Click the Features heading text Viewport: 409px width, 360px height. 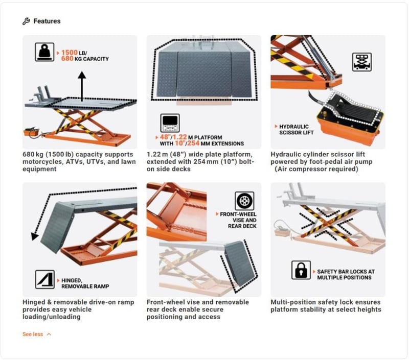point(47,21)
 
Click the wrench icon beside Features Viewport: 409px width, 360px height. point(27,21)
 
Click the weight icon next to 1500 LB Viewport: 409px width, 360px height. point(44,53)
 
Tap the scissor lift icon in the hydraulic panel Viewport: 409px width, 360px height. point(361,62)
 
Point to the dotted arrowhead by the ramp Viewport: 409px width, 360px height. point(35,236)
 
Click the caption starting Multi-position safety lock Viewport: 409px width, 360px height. point(326,305)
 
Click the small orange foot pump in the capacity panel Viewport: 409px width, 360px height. point(32,132)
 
